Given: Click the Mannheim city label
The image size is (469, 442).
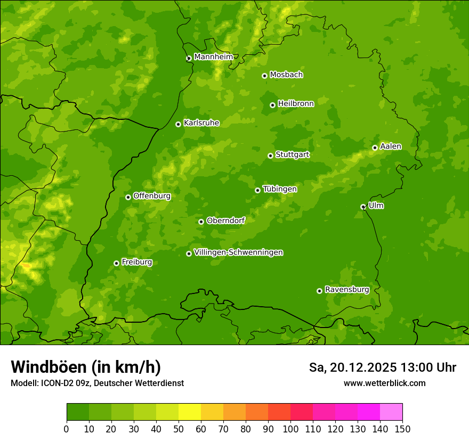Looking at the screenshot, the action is (x=213, y=57).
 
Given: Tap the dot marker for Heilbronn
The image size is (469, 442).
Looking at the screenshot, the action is (x=272, y=105).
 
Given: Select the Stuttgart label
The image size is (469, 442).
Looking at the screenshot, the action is (x=292, y=155).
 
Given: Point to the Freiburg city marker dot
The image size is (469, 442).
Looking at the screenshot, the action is (x=116, y=263).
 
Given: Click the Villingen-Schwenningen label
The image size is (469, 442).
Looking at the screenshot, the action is (x=238, y=252).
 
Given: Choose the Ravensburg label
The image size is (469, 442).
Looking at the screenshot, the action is (x=346, y=290).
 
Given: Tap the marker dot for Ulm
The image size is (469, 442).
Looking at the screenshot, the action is (x=363, y=207).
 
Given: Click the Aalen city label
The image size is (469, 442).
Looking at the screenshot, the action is (x=391, y=146).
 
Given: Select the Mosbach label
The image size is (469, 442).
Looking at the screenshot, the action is (x=286, y=75).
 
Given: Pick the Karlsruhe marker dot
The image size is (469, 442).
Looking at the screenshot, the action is (x=178, y=124).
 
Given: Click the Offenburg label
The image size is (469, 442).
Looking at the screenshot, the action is (x=152, y=196).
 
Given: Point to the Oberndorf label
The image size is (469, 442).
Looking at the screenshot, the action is (x=226, y=220).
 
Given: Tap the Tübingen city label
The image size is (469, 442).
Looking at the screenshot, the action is (x=280, y=189).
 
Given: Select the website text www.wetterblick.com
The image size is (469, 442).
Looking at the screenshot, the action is (x=384, y=383).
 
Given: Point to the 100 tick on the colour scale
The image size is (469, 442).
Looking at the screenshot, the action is (x=290, y=428).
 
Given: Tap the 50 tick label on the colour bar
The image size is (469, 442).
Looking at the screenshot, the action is (x=179, y=428).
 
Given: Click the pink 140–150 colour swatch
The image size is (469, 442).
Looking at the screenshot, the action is (x=391, y=412).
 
